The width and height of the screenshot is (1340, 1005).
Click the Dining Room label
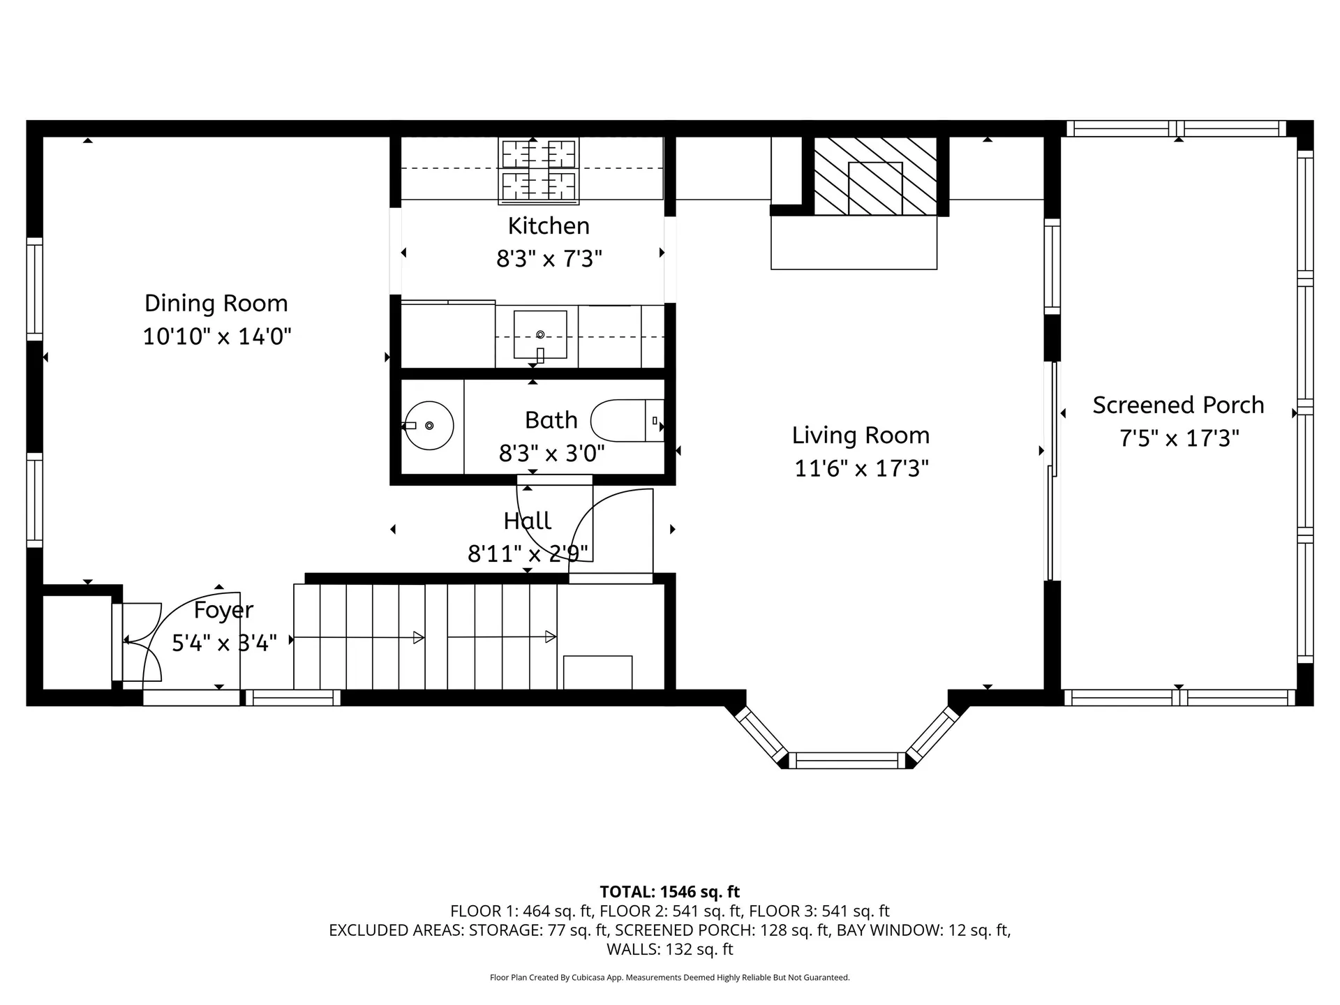tap(216, 304)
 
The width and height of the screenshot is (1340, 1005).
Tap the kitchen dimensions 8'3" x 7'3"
tap(549, 259)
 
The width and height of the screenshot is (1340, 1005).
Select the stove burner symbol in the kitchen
tap(538, 171)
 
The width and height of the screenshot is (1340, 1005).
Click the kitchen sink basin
tap(540, 334)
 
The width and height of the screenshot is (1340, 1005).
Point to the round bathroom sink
tap(429, 425)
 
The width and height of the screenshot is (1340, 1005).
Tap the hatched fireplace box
tap(875, 176)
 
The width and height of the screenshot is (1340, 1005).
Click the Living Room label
tap(861, 435)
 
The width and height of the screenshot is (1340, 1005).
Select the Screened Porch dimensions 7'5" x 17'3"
tap(1179, 438)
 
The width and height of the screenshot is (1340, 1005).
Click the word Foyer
tap(223, 610)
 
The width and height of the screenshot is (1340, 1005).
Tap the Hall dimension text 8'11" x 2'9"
tap(528, 553)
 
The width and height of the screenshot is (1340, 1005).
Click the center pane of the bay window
tap(847, 760)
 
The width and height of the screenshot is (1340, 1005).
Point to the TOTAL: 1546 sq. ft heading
tap(669, 891)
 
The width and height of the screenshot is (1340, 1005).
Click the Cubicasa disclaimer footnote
tap(669, 977)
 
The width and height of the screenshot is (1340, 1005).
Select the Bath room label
tap(551, 420)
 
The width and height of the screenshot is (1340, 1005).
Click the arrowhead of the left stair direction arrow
tap(419, 637)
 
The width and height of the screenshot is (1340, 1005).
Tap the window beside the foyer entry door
tap(292, 697)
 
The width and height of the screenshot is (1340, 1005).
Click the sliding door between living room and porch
tap(1052, 471)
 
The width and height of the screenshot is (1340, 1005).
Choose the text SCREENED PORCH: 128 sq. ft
tap(722, 930)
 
